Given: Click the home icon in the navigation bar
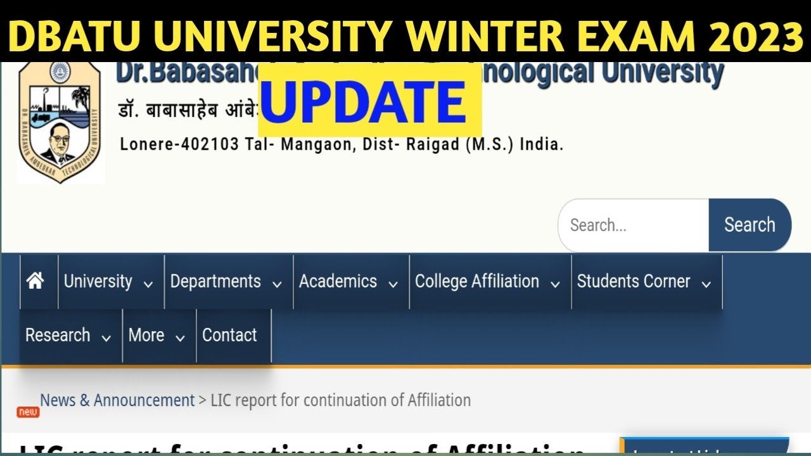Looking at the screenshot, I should pyautogui.click(x=35, y=281).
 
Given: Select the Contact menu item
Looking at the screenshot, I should pyautogui.click(x=230, y=336).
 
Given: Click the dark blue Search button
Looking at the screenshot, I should pyautogui.click(x=750, y=225).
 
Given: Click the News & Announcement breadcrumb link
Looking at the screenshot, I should pyautogui.click(x=117, y=400).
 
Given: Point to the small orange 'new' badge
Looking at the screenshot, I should pyautogui.click(x=28, y=412).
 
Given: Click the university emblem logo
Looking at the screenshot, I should pyautogui.click(x=60, y=120).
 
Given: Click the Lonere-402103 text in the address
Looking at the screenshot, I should pyautogui.click(x=179, y=144).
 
